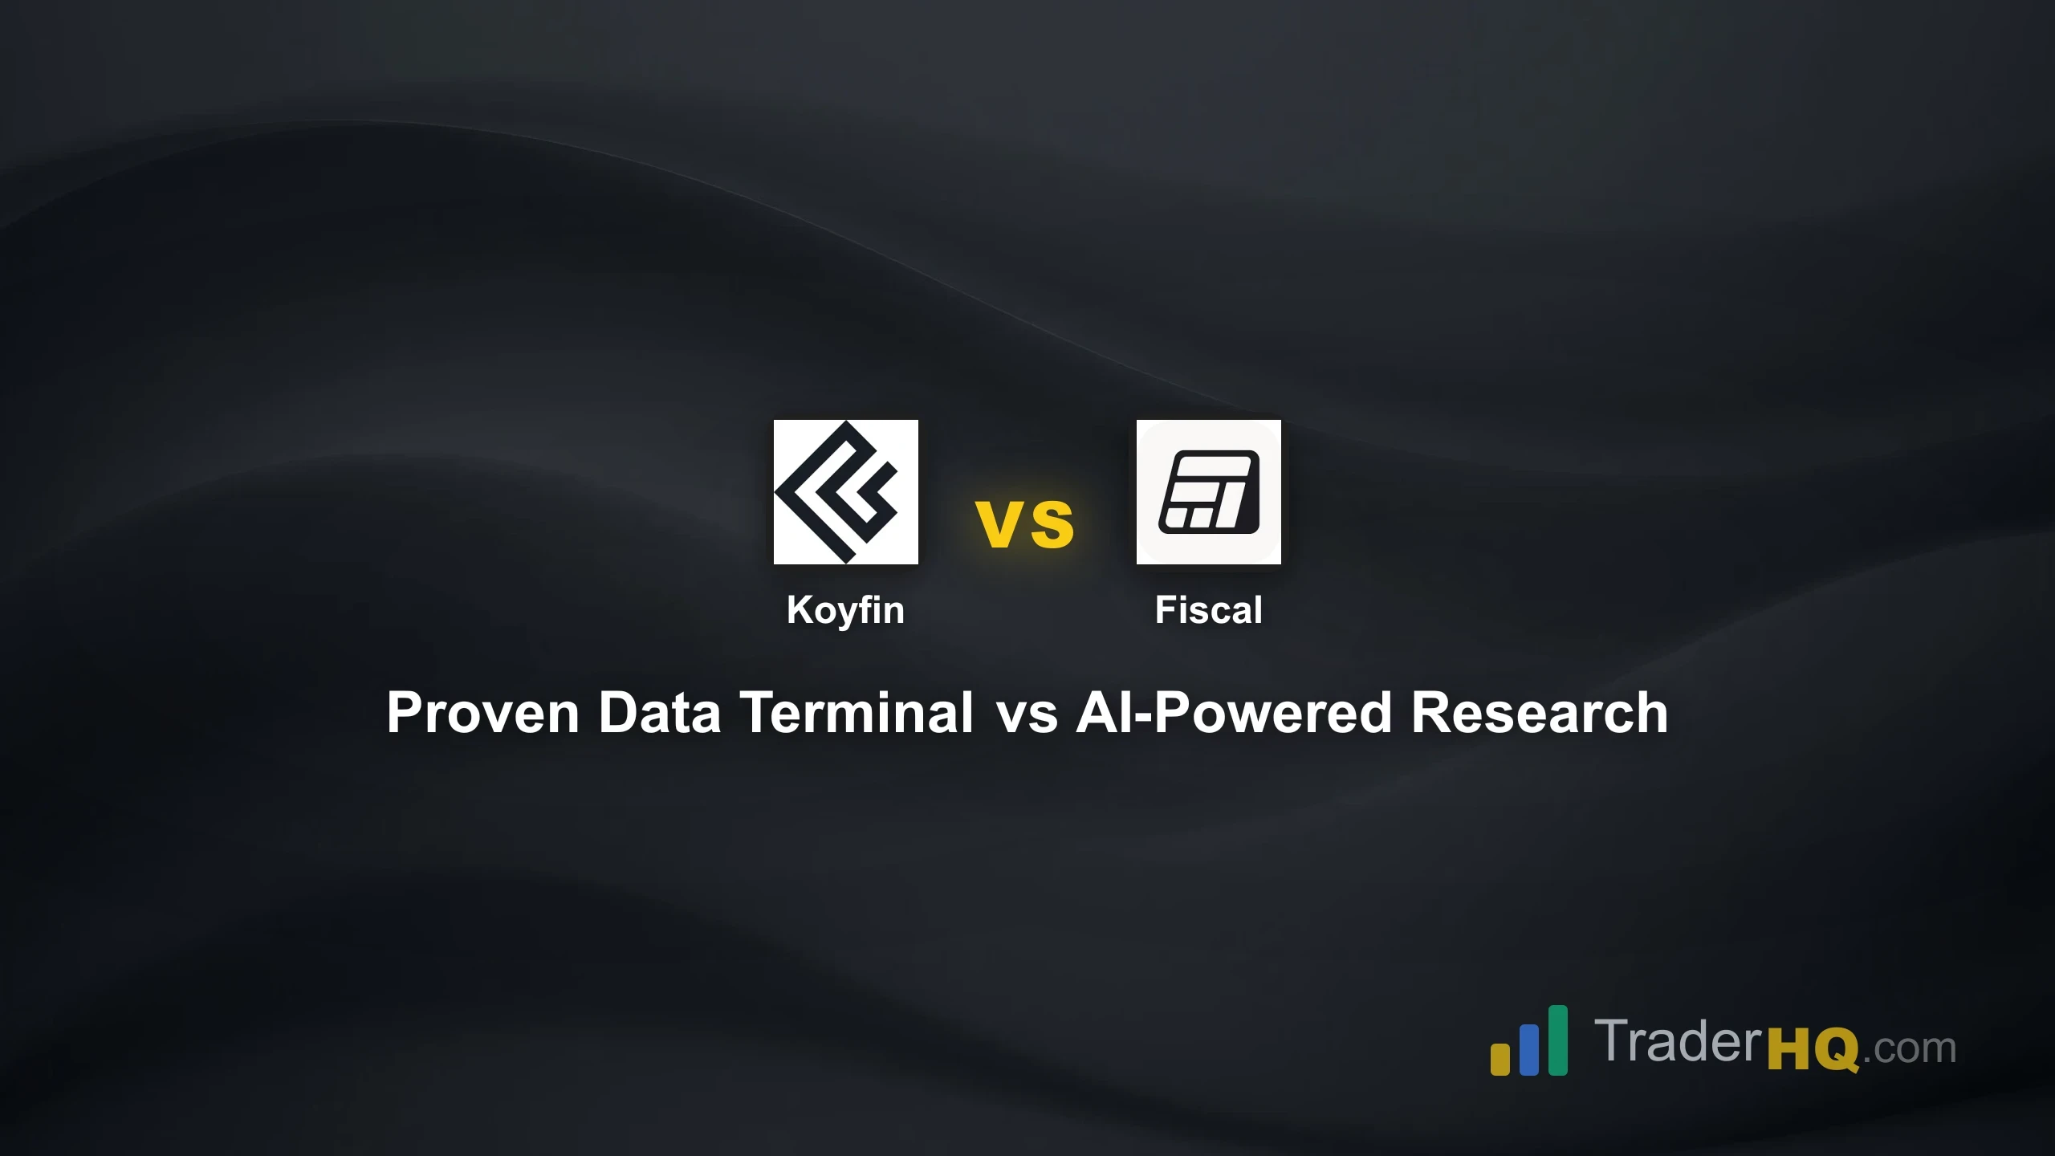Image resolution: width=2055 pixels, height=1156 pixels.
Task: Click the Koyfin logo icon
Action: (845, 491)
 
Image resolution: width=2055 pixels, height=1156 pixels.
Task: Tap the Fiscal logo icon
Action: (1208, 491)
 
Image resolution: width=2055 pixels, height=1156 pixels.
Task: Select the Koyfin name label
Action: (845, 610)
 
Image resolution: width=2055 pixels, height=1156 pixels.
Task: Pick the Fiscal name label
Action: (1208, 610)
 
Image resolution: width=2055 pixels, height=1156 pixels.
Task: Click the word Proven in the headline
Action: (482, 713)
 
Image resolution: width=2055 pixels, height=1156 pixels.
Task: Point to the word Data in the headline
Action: (659, 713)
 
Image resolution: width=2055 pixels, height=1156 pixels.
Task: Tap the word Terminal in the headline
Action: (857, 713)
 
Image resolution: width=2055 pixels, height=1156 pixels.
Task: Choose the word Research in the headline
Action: (1540, 713)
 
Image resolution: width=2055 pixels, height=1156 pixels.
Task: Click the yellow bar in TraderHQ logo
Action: (1500, 1058)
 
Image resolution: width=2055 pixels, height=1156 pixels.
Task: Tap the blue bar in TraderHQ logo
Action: (1529, 1049)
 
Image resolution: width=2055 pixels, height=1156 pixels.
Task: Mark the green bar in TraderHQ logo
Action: (1557, 1040)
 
